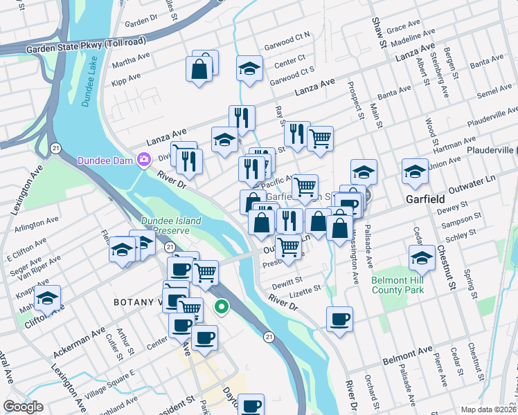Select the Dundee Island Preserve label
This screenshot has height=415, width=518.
pyautogui.click(x=171, y=225)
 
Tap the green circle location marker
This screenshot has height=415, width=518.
pyautogui.click(x=222, y=306)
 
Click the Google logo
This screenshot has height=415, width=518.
pyautogui.click(x=23, y=407)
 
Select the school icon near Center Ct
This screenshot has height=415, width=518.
pyautogui.click(x=249, y=68)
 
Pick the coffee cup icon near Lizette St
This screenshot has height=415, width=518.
pyautogui.click(x=339, y=319)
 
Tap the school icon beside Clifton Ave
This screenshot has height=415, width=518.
pyautogui.click(x=47, y=298)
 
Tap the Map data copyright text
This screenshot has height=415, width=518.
pyautogui.click(x=488, y=409)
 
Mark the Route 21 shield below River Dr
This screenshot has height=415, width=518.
pyautogui.click(x=268, y=336)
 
